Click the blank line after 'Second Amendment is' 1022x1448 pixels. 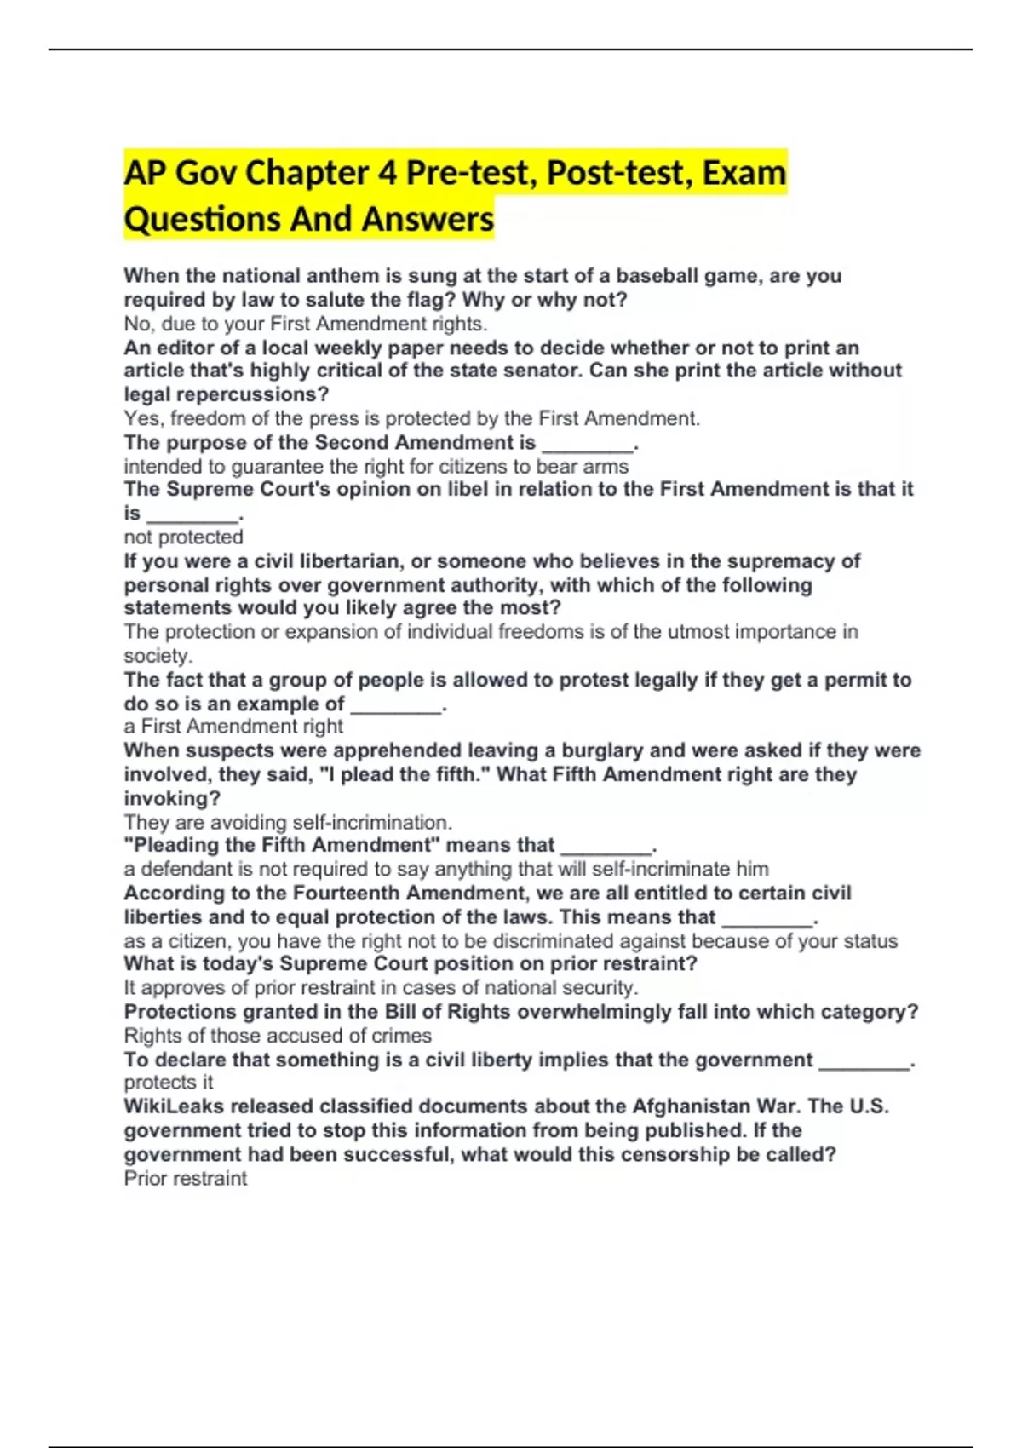[x=588, y=444]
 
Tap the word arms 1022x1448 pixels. [x=608, y=467]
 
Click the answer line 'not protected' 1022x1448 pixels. [x=183, y=537]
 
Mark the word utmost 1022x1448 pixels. [x=696, y=632]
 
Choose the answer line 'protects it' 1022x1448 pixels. [x=169, y=1083]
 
